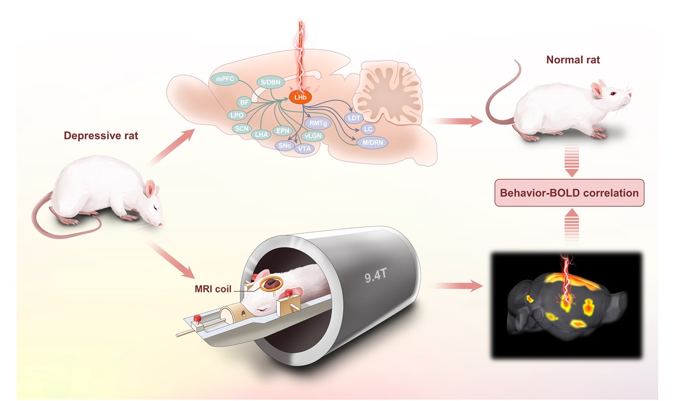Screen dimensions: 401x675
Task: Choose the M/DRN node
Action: (373, 142)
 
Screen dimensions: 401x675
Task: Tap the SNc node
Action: (284, 146)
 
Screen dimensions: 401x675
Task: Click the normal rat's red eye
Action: (613, 94)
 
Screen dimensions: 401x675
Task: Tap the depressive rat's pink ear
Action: (150, 188)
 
